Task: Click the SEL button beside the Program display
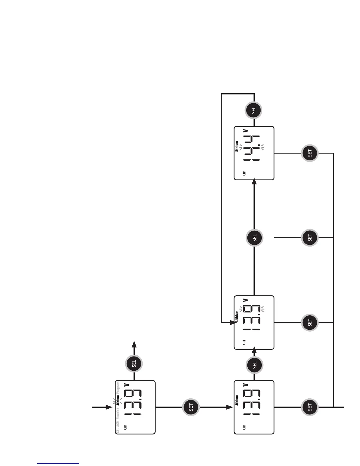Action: pos(134,364)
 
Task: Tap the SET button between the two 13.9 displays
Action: pos(191,407)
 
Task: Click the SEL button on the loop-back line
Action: pos(254,111)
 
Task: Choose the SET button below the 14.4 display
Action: pos(310,153)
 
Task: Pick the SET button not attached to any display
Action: pos(310,238)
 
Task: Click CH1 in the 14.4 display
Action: pos(244,173)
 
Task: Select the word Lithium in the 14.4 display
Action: pos(237,147)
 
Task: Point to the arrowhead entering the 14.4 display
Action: pos(255,182)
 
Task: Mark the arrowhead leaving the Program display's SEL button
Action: pos(134,344)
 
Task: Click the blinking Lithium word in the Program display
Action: pos(118,401)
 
